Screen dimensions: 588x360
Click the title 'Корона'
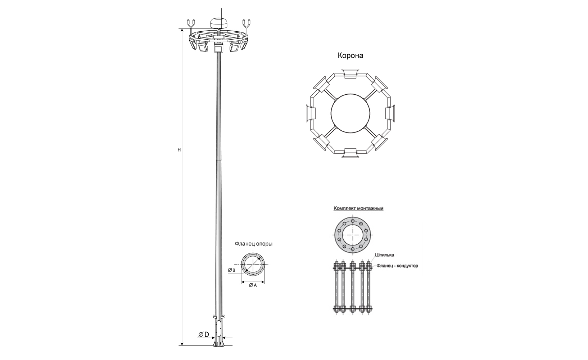pyautogui.click(x=350, y=56)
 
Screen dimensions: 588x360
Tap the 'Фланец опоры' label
pyautogui.click(x=254, y=244)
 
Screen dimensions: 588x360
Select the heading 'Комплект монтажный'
pyautogui.click(x=358, y=208)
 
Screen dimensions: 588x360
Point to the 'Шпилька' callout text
pyautogui.click(x=385, y=255)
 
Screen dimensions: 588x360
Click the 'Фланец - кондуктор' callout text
pyautogui.click(x=397, y=266)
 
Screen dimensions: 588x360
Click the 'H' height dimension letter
pyautogui.click(x=179, y=150)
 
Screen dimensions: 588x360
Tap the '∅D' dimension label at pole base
pyautogui.click(x=204, y=334)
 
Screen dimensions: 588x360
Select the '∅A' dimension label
pyautogui.click(x=253, y=285)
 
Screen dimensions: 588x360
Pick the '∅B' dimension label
pyautogui.click(x=231, y=270)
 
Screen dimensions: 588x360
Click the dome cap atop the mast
pyautogui.click(x=219, y=23)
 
